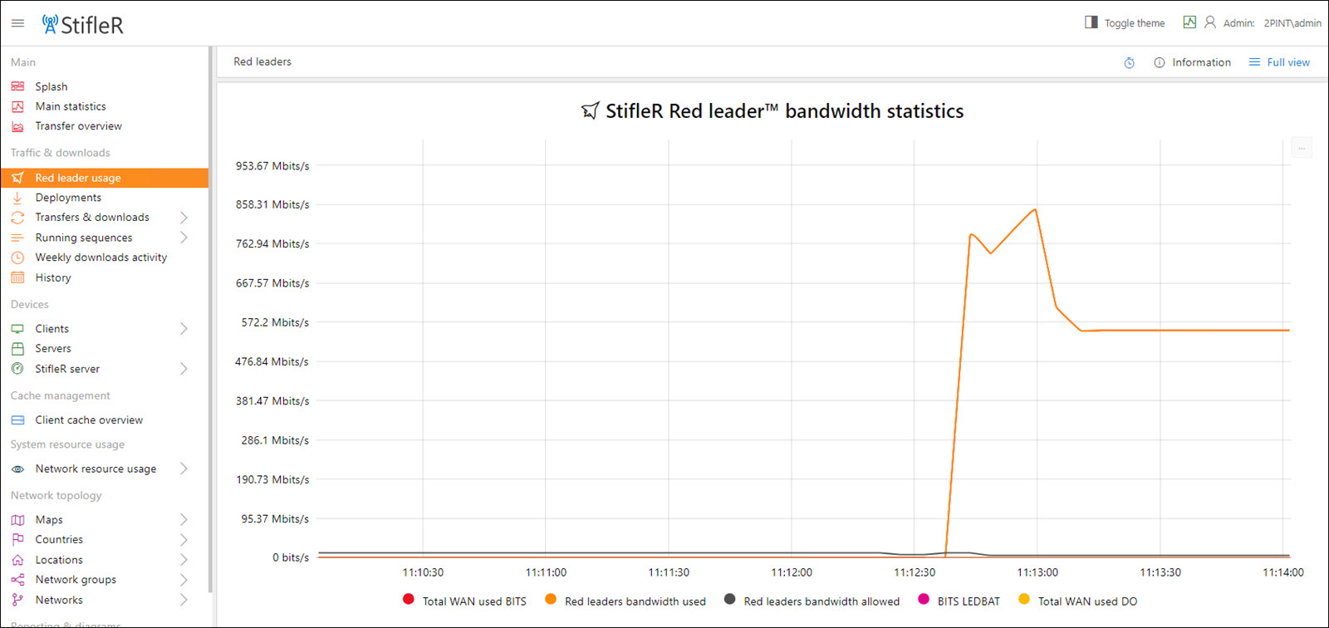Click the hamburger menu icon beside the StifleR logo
(x=17, y=23)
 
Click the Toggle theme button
(x=1125, y=23)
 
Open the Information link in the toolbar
(x=1193, y=62)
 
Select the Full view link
(x=1280, y=62)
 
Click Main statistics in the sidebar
(x=71, y=106)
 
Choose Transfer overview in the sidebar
(x=78, y=126)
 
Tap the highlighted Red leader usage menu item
(x=78, y=178)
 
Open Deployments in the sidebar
(x=68, y=198)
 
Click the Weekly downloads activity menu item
(x=101, y=258)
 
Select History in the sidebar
(x=53, y=277)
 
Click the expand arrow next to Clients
(x=184, y=329)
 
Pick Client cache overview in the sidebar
(x=89, y=420)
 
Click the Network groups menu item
(x=76, y=580)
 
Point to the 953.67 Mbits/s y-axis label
(x=272, y=166)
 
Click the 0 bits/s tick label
(x=290, y=557)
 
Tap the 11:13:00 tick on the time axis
(x=1037, y=572)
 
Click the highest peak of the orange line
(x=1036, y=209)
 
